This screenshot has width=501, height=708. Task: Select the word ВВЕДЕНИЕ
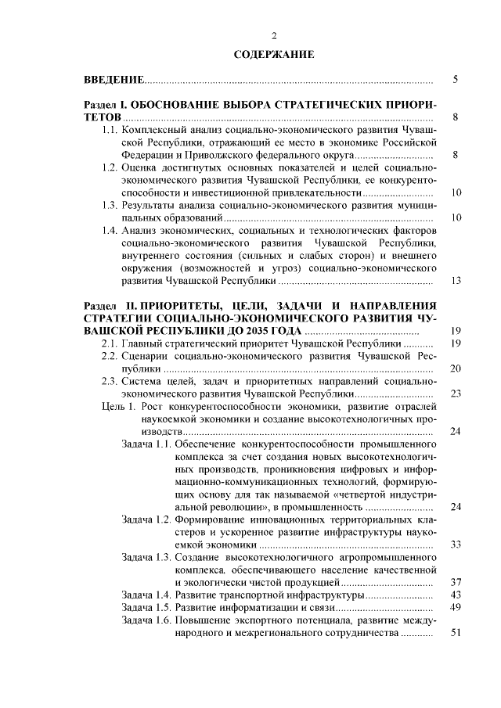pos(114,81)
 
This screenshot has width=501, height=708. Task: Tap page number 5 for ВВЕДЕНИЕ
pos(456,81)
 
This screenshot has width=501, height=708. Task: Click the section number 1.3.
pos(110,204)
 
